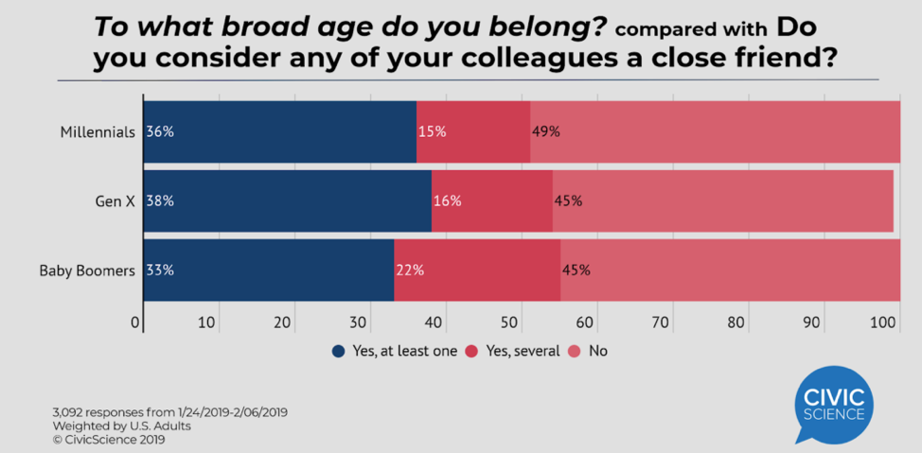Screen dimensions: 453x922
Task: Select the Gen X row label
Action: click(x=114, y=200)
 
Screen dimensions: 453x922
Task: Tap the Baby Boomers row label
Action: click(x=88, y=270)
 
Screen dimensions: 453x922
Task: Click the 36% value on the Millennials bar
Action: click(x=160, y=131)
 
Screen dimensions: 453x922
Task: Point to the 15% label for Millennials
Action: click(x=432, y=131)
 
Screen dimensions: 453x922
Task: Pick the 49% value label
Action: click(x=545, y=131)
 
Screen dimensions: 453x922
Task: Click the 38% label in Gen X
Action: click(x=160, y=200)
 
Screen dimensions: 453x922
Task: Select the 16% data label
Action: click(x=447, y=200)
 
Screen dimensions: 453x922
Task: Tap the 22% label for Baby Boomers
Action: click(x=409, y=270)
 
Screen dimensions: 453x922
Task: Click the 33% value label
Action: click(x=160, y=270)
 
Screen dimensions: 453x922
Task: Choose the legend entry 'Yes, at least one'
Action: click(x=395, y=351)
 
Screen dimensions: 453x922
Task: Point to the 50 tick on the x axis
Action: click(x=510, y=322)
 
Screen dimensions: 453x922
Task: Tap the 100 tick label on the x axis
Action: click(x=884, y=322)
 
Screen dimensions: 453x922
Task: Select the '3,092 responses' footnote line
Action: click(x=169, y=412)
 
